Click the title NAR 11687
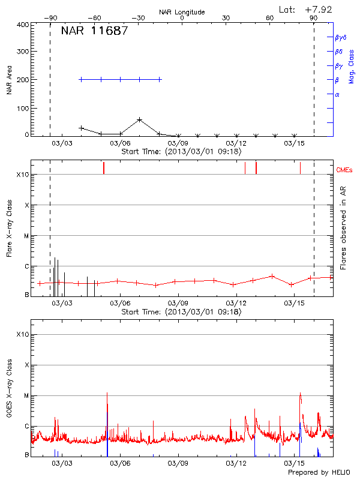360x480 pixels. coord(94,31)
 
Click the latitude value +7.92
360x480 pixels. coord(319,9)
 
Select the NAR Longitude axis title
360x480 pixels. coord(182,12)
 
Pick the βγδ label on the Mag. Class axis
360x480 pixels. coord(341,37)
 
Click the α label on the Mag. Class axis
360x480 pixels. coord(337,94)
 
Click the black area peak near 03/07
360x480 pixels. coord(139,119)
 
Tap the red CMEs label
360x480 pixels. coord(345,171)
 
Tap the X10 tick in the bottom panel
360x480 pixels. coord(22,334)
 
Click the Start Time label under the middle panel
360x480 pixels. coord(181,311)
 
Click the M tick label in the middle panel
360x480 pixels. coord(26,236)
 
